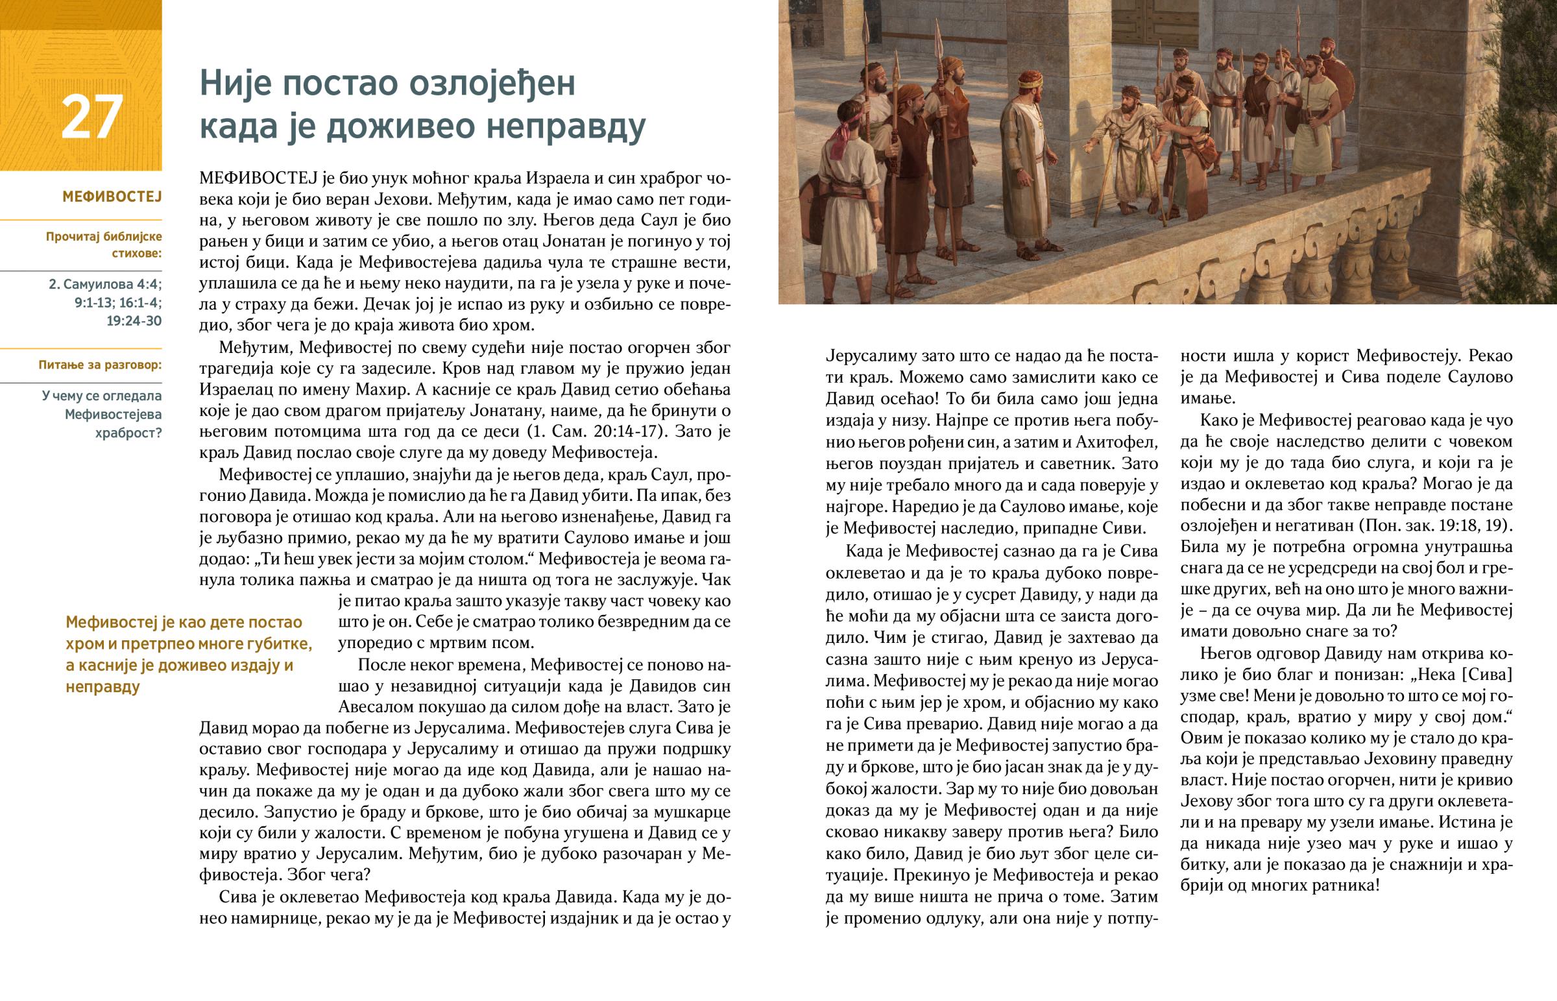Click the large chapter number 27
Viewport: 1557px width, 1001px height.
91,117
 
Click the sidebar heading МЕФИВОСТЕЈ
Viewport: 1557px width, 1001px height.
112,197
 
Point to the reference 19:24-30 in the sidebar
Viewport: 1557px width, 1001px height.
134,321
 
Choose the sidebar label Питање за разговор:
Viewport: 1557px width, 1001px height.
100,365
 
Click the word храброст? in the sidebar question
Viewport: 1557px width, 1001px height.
128,433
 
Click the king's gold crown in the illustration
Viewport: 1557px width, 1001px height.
1030,80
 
